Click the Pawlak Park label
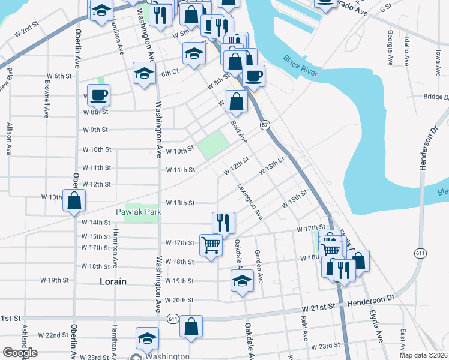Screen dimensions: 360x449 pyautogui.click(x=139, y=212)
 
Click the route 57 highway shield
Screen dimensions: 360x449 pyautogui.click(x=264, y=125)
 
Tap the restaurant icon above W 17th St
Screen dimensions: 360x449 pyautogui.click(x=223, y=222)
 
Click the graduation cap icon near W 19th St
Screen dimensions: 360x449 pyautogui.click(x=241, y=280)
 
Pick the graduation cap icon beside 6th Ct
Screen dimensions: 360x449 pyautogui.click(x=144, y=74)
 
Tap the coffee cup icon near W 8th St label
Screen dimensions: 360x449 pyautogui.click(x=98, y=95)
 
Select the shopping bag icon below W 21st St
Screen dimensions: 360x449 pyautogui.click(x=191, y=326)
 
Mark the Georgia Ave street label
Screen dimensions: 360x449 pyautogui.click(x=391, y=48)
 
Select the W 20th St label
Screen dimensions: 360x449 pyautogui.click(x=179, y=300)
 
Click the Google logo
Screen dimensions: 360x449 pyautogui.click(x=20, y=353)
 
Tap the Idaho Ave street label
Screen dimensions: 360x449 pyautogui.click(x=407, y=51)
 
